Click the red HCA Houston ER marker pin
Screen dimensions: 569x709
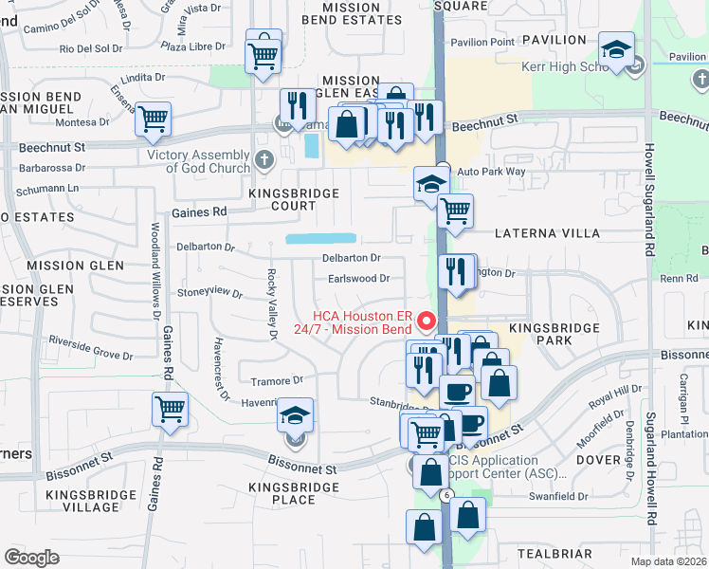pyautogui.click(x=427, y=321)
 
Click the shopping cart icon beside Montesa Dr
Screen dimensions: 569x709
pyautogui.click(x=153, y=119)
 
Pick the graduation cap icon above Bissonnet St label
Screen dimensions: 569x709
pyautogui.click(x=296, y=414)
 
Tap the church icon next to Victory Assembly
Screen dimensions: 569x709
pyautogui.click(x=263, y=159)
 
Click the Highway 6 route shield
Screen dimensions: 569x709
pyautogui.click(x=445, y=495)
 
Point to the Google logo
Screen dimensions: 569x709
pyautogui.click(x=32, y=558)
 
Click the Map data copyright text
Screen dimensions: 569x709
pyautogui.click(x=669, y=561)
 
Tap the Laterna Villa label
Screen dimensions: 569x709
pyautogui.click(x=548, y=232)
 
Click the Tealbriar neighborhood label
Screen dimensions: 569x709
pyautogui.click(x=555, y=553)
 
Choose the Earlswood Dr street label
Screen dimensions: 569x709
pyautogui.click(x=359, y=279)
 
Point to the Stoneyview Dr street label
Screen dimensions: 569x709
pyautogui.click(x=209, y=292)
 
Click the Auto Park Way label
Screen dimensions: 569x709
pyautogui.click(x=491, y=172)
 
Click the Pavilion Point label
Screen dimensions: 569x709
pyautogui.click(x=482, y=42)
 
